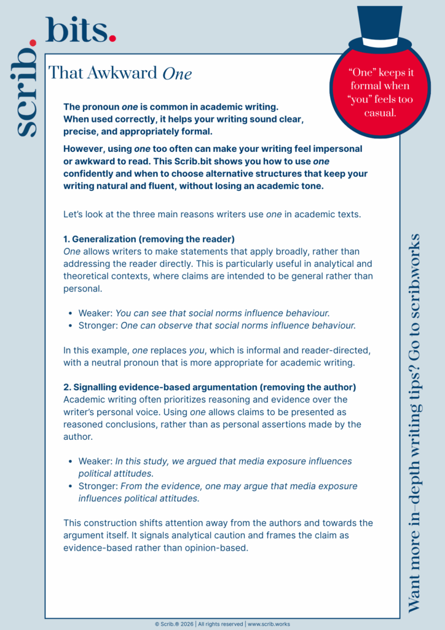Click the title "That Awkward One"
[x=120, y=73]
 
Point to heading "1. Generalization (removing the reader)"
[x=149, y=239]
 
